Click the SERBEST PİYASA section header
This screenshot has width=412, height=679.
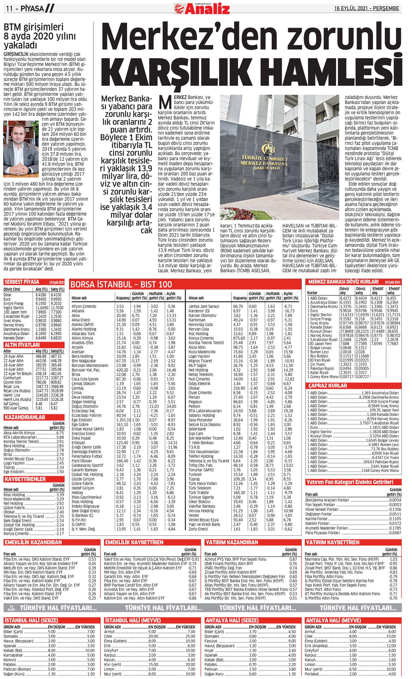coord(22,282)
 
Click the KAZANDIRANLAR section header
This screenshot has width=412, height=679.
coord(25,417)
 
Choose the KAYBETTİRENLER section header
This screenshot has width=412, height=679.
coord(25,479)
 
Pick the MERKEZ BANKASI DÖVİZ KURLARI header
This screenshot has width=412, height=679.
coord(343,282)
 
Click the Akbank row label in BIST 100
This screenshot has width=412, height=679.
coord(78,311)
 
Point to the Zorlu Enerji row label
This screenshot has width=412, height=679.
coord(198,529)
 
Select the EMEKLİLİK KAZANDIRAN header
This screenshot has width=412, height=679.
coord(33,543)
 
